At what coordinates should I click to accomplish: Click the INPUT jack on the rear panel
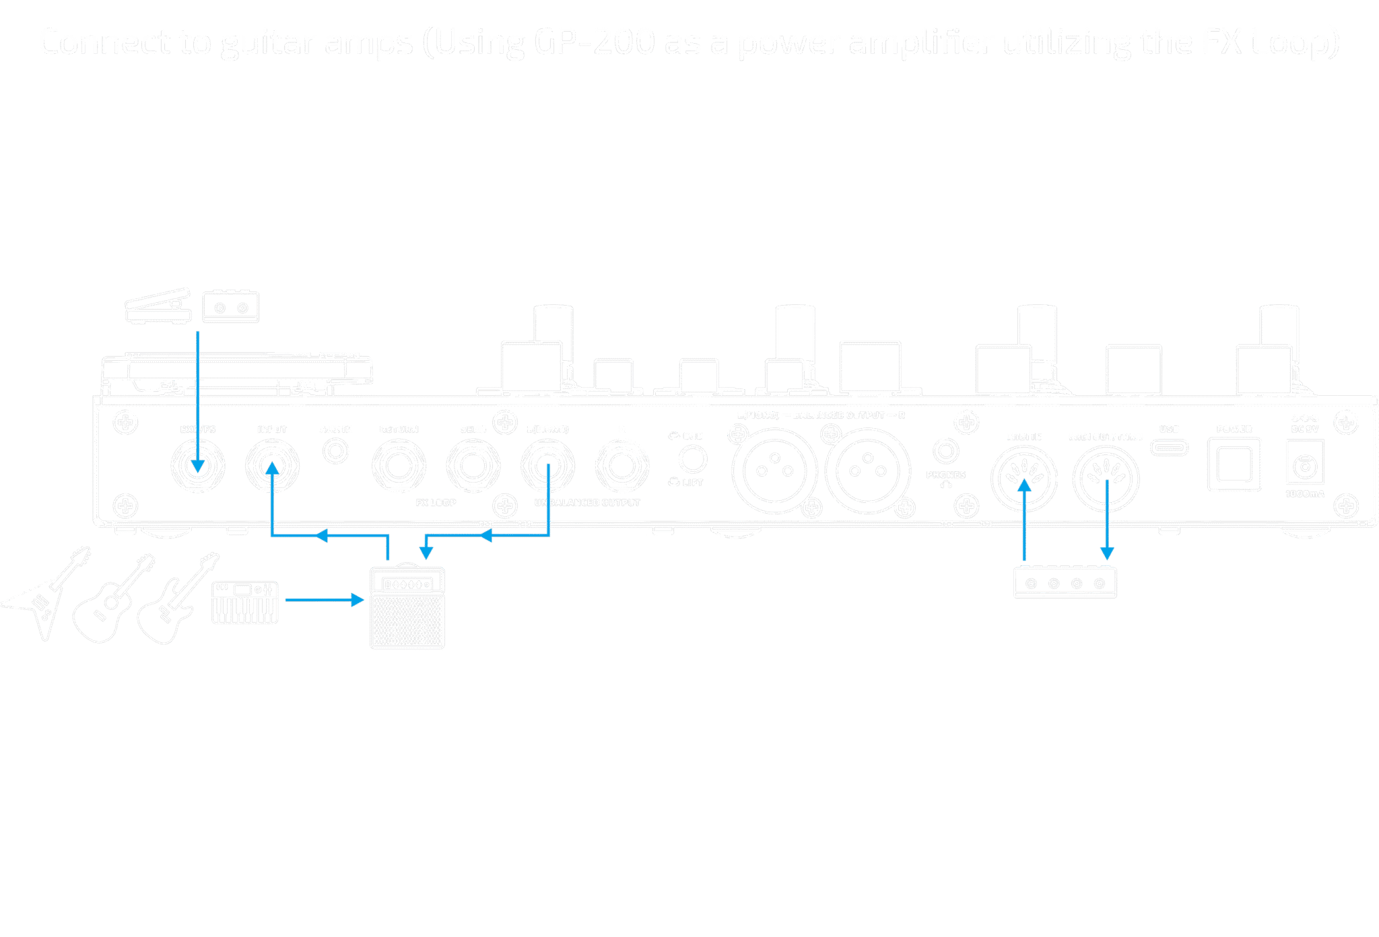click(x=272, y=466)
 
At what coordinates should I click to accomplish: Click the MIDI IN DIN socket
click(x=1023, y=479)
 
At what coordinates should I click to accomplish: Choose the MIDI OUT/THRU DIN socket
click(x=1106, y=479)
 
